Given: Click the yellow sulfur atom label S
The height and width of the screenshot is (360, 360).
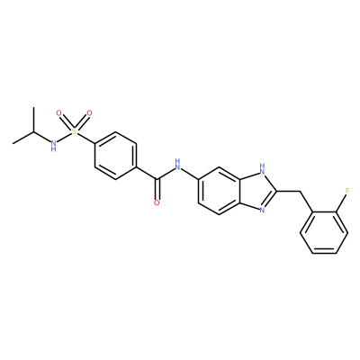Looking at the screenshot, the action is [74, 131].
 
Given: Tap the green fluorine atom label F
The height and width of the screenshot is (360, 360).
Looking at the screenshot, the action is [347, 190].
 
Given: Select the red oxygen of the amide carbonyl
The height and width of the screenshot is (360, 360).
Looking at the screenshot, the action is [157, 202].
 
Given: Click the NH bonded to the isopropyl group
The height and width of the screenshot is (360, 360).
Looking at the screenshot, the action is [53, 145].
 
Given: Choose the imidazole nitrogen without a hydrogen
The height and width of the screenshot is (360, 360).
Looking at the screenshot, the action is [262, 210].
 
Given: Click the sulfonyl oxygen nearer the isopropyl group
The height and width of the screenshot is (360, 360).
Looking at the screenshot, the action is [59, 113].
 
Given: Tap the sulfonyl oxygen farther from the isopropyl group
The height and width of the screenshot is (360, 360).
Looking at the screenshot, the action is [89, 113].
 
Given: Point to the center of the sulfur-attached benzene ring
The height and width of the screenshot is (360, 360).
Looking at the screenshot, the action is [116, 156].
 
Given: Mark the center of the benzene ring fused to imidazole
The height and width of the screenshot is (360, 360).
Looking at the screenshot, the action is [220, 191].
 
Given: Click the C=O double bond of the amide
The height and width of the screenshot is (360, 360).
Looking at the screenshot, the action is [157, 189].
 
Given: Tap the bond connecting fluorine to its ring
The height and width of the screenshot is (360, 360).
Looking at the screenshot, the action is [342, 203].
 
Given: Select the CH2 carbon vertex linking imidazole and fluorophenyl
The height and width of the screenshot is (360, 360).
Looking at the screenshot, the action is [300, 191].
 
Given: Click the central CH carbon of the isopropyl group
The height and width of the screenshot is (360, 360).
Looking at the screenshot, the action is [33, 131].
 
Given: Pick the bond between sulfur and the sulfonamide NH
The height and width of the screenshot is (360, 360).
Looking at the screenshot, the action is [64, 137].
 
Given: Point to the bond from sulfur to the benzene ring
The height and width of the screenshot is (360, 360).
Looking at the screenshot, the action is [85, 138].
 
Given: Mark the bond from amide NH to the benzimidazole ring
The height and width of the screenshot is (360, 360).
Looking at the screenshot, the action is [190, 175].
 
